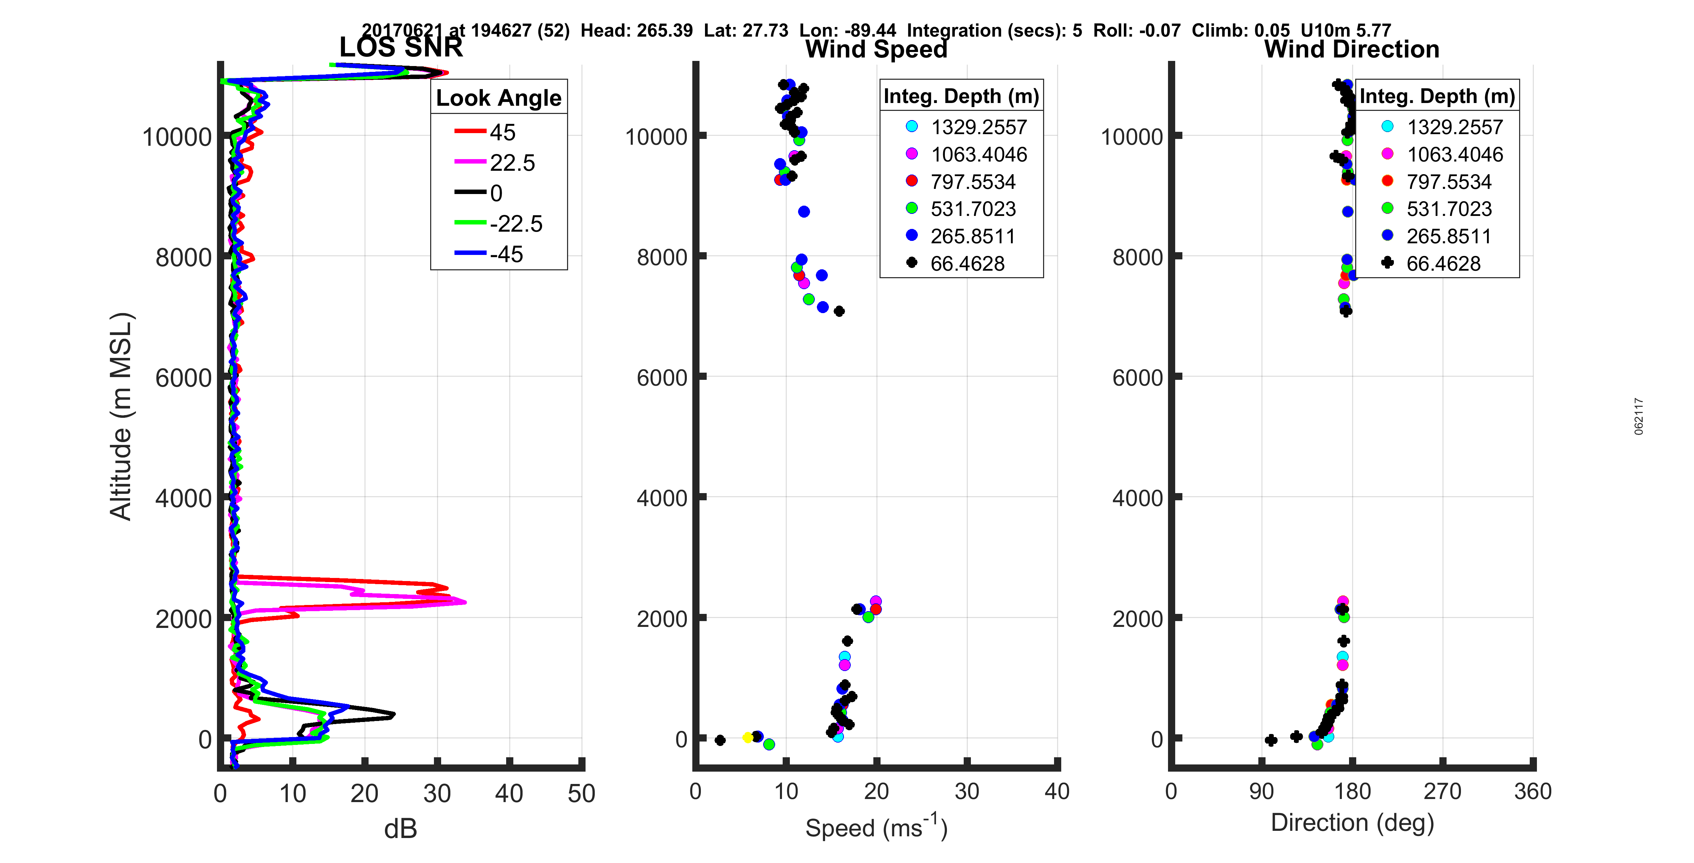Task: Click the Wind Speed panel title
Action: (876, 49)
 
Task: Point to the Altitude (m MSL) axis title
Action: (121, 416)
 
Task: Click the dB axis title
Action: (400, 829)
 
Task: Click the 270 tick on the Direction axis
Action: (1442, 791)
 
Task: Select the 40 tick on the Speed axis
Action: (1057, 791)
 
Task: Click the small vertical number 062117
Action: (1639, 416)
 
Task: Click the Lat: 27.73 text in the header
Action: (746, 31)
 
